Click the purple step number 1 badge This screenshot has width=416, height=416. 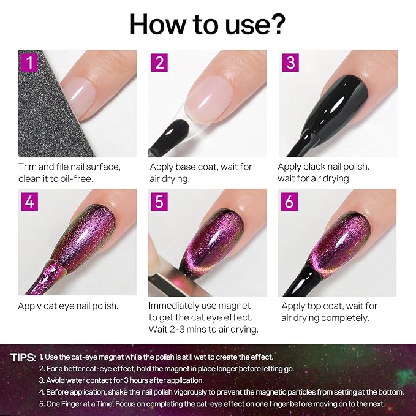(29, 62)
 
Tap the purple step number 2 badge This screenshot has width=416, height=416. (159, 62)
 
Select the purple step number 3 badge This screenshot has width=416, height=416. (290, 62)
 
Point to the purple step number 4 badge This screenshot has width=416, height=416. (29, 202)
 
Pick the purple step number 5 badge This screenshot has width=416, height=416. (159, 202)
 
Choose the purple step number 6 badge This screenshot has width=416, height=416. (289, 202)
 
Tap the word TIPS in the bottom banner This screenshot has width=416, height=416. (23, 357)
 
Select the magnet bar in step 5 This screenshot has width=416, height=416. (170, 281)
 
